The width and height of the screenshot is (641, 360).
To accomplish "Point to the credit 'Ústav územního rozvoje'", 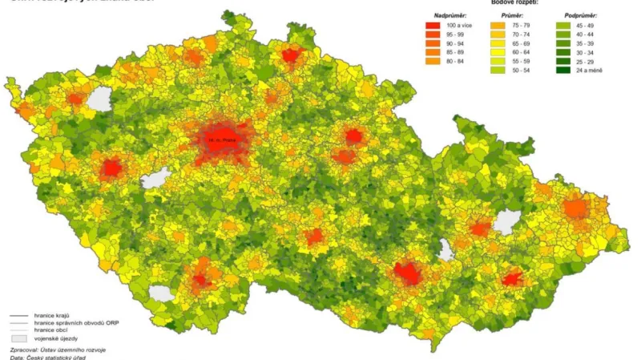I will (75, 350).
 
